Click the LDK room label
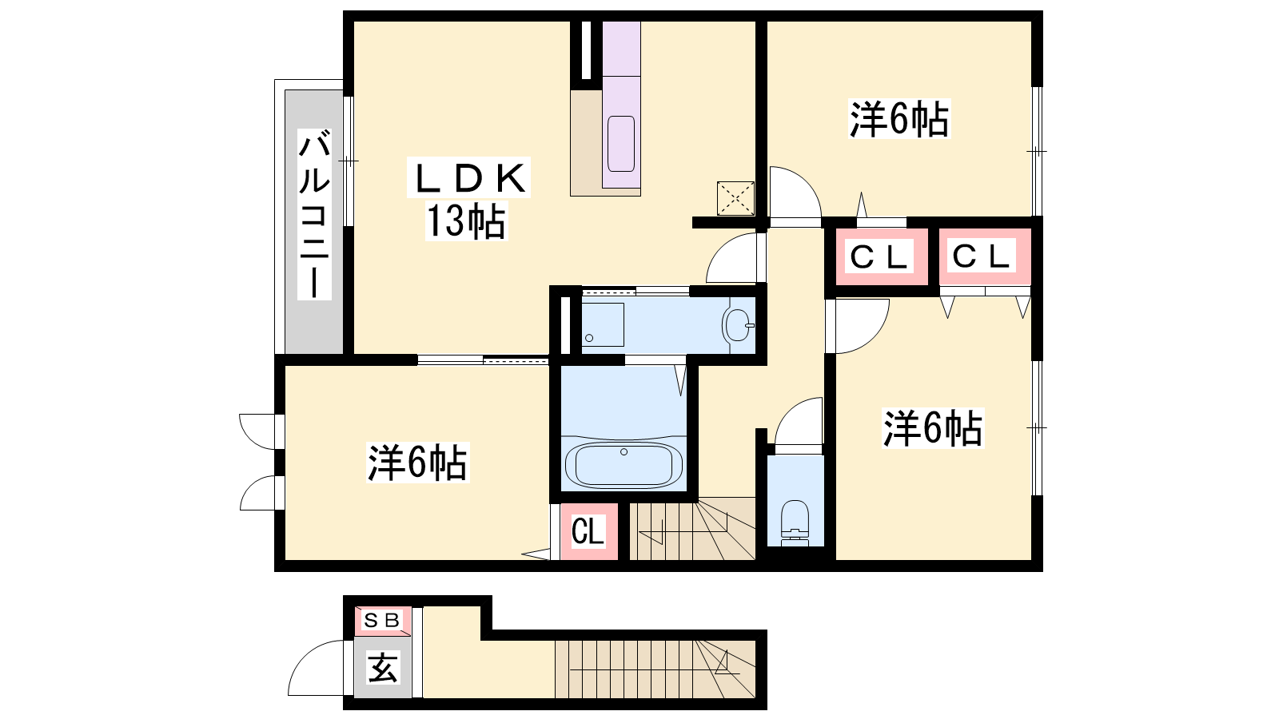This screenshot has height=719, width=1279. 468,177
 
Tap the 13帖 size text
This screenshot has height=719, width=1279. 467,221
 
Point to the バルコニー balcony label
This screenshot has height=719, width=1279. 315,214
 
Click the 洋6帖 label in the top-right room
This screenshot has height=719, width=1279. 899,119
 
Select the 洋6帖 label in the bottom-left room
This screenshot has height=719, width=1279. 417,463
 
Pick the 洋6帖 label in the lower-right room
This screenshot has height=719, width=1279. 933,428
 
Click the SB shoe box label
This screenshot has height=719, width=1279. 381,620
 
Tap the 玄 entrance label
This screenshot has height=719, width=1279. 383,667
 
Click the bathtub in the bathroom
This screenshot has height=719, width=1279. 624,464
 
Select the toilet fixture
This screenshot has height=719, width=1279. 795,522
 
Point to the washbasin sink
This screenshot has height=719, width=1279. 739,324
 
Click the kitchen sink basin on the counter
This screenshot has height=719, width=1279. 621,144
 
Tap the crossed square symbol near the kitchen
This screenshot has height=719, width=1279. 735,199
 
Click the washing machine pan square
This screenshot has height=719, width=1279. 603,324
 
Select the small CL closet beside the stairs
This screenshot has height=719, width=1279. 588,531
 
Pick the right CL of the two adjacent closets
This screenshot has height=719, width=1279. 984,256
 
